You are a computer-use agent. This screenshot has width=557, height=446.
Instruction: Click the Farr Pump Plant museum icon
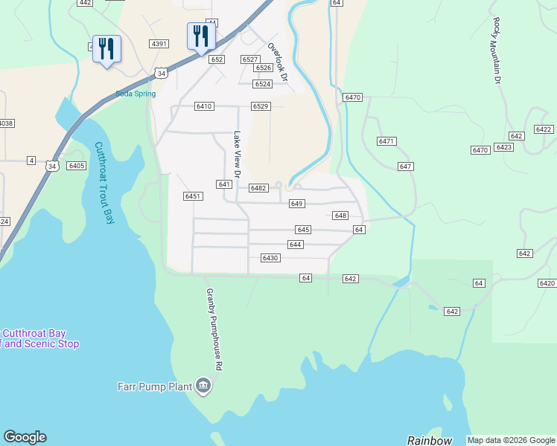coord(203,386)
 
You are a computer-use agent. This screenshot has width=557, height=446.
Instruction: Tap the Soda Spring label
coord(135,94)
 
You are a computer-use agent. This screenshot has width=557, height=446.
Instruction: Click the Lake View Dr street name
coord(238,155)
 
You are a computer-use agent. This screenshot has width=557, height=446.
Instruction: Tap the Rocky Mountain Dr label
coord(497,51)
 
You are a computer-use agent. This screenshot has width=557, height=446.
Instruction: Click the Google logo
coord(25,437)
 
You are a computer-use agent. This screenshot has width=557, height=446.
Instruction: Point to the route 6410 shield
coord(204,106)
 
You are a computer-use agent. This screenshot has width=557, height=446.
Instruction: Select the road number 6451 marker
coord(193,196)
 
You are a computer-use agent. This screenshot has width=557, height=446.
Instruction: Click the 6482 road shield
coord(258,189)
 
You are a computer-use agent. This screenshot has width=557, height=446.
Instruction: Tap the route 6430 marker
coord(270,258)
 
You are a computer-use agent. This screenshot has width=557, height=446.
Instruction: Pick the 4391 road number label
coord(159,44)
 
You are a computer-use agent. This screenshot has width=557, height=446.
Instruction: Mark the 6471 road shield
coord(386,141)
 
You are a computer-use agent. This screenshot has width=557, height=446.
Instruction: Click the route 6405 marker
coord(76,166)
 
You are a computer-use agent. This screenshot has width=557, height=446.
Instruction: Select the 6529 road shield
coord(260,106)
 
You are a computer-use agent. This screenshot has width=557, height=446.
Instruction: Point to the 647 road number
coord(405,167)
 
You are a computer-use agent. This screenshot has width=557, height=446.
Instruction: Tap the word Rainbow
coord(430,440)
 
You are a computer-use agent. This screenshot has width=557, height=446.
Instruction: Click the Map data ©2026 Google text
coord(511,440)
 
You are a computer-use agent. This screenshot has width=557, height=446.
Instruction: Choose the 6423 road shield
coord(504,147)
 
